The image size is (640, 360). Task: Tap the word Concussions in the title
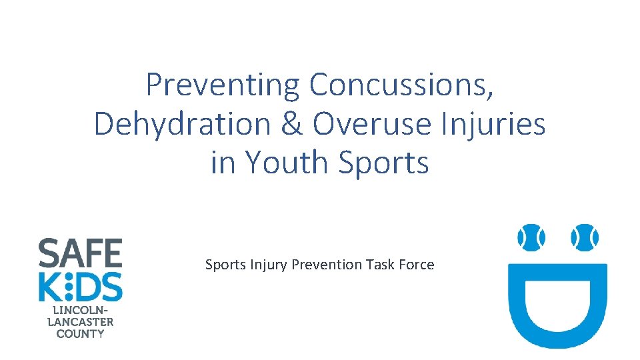tap(401, 85)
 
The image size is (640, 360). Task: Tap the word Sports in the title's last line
tap(383, 163)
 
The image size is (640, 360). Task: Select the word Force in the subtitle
tap(416, 265)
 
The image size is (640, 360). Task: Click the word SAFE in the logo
tap(80, 253)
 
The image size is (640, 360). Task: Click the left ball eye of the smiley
tap(531, 237)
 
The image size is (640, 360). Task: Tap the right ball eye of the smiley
tap(584, 237)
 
